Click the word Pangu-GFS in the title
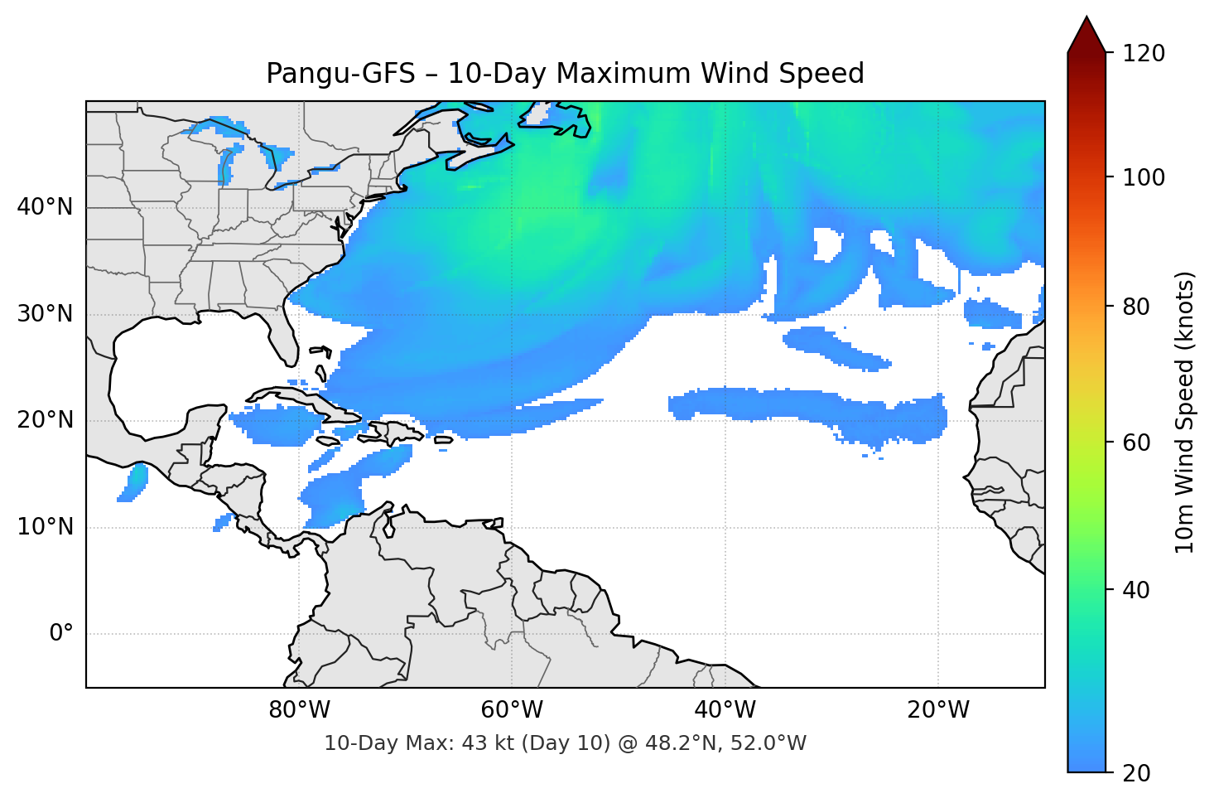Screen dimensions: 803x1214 click(x=340, y=74)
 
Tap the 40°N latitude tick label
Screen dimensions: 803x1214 click(x=45, y=207)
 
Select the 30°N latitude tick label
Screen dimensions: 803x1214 click(x=45, y=314)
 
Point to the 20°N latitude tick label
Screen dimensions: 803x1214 click(x=45, y=420)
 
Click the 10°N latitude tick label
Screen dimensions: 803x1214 click(x=45, y=527)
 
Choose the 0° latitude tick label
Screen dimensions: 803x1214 click(x=61, y=634)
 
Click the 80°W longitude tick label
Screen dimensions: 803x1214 click(x=299, y=710)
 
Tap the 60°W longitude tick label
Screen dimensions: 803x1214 click(x=512, y=710)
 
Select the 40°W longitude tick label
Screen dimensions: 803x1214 click(x=725, y=710)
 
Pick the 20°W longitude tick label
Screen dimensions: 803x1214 click(x=937, y=710)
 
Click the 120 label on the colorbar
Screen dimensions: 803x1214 click(x=1144, y=54)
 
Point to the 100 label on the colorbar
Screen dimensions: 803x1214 click(x=1144, y=177)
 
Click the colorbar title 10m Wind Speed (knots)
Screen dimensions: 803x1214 click(x=1185, y=412)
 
